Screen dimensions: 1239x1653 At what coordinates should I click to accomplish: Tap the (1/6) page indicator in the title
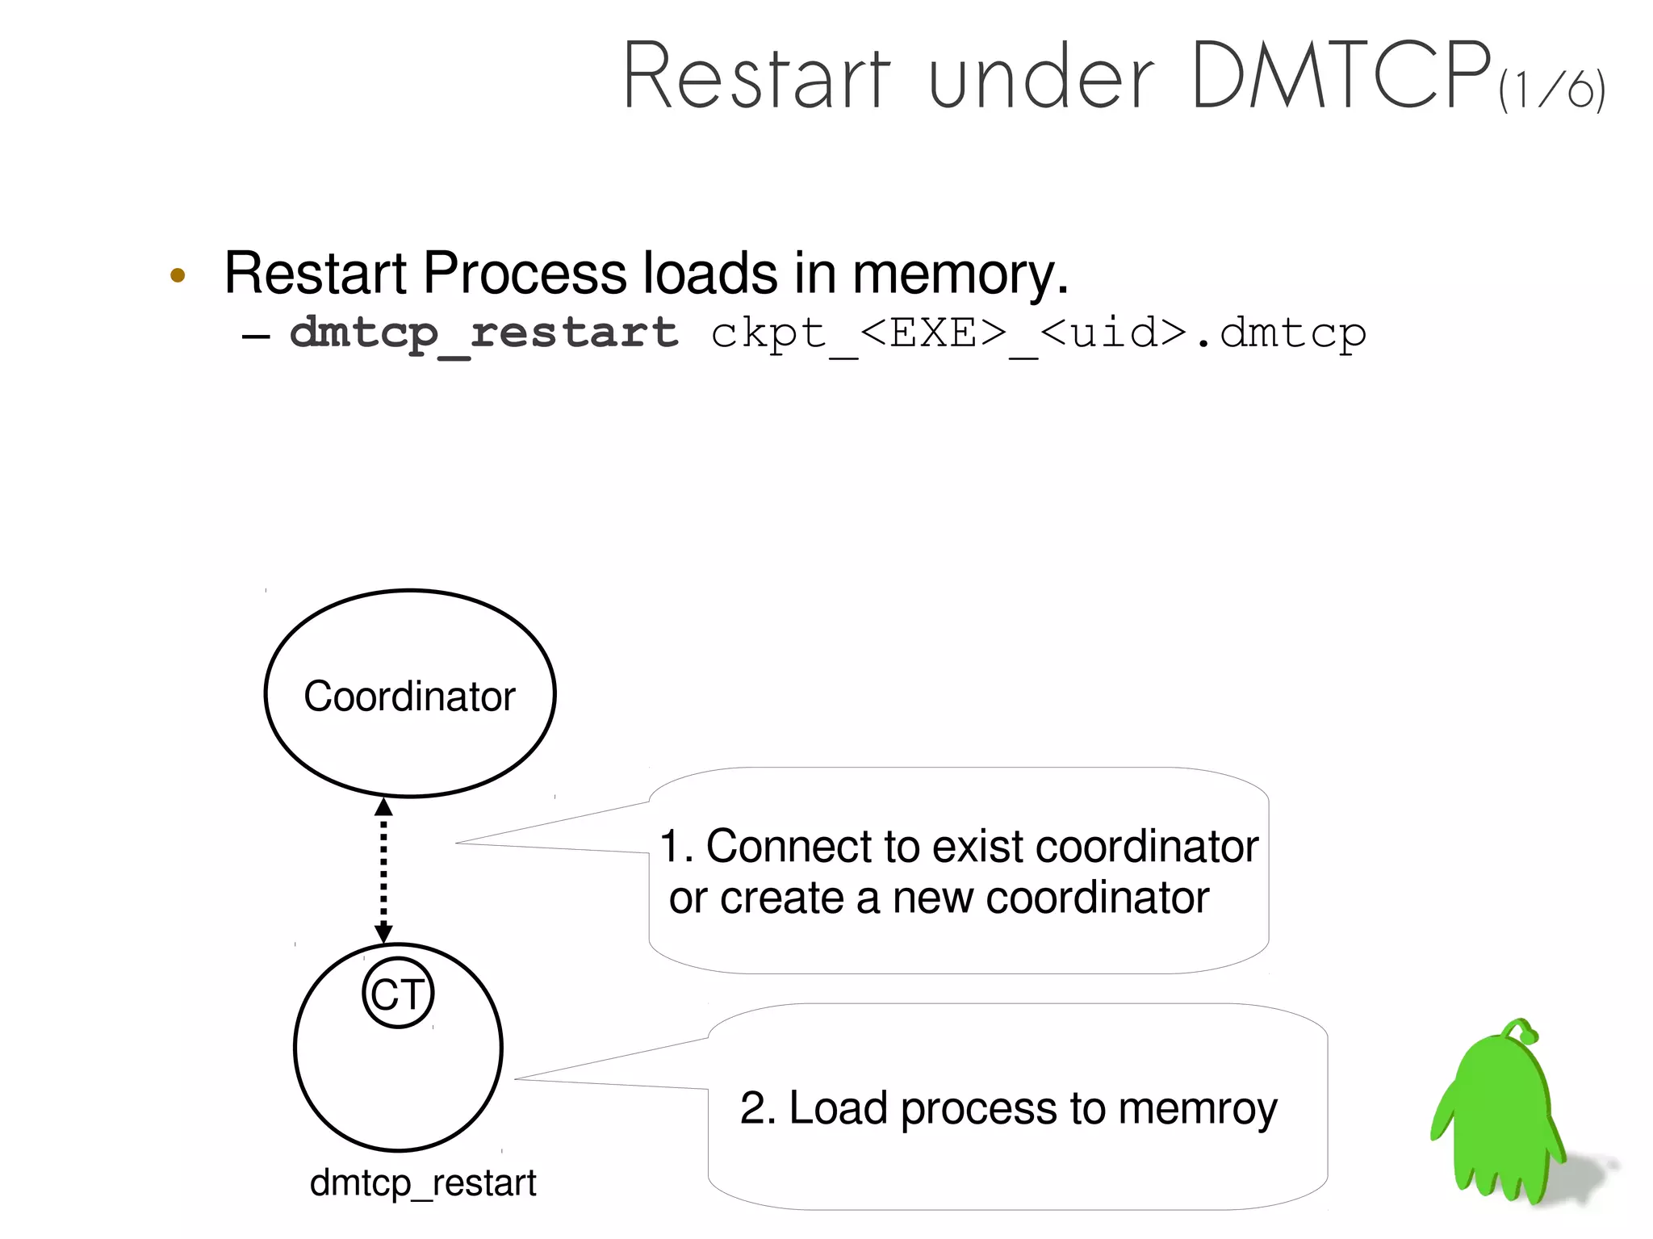(x=1551, y=90)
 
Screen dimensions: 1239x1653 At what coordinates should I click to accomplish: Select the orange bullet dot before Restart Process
(x=178, y=275)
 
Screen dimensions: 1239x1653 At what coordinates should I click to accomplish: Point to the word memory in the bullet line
(x=960, y=274)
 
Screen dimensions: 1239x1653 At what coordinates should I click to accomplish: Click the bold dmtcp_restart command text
(x=483, y=333)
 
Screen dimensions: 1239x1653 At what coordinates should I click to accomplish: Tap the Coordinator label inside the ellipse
(x=409, y=696)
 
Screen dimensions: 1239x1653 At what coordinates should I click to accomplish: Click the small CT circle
(x=398, y=993)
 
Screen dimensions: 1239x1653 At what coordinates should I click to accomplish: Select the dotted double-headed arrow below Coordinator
(x=383, y=870)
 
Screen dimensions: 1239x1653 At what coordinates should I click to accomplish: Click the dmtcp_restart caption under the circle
(x=423, y=1183)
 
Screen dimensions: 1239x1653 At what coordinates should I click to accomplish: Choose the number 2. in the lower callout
(x=757, y=1108)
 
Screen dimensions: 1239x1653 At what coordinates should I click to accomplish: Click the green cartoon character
(x=1497, y=1122)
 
